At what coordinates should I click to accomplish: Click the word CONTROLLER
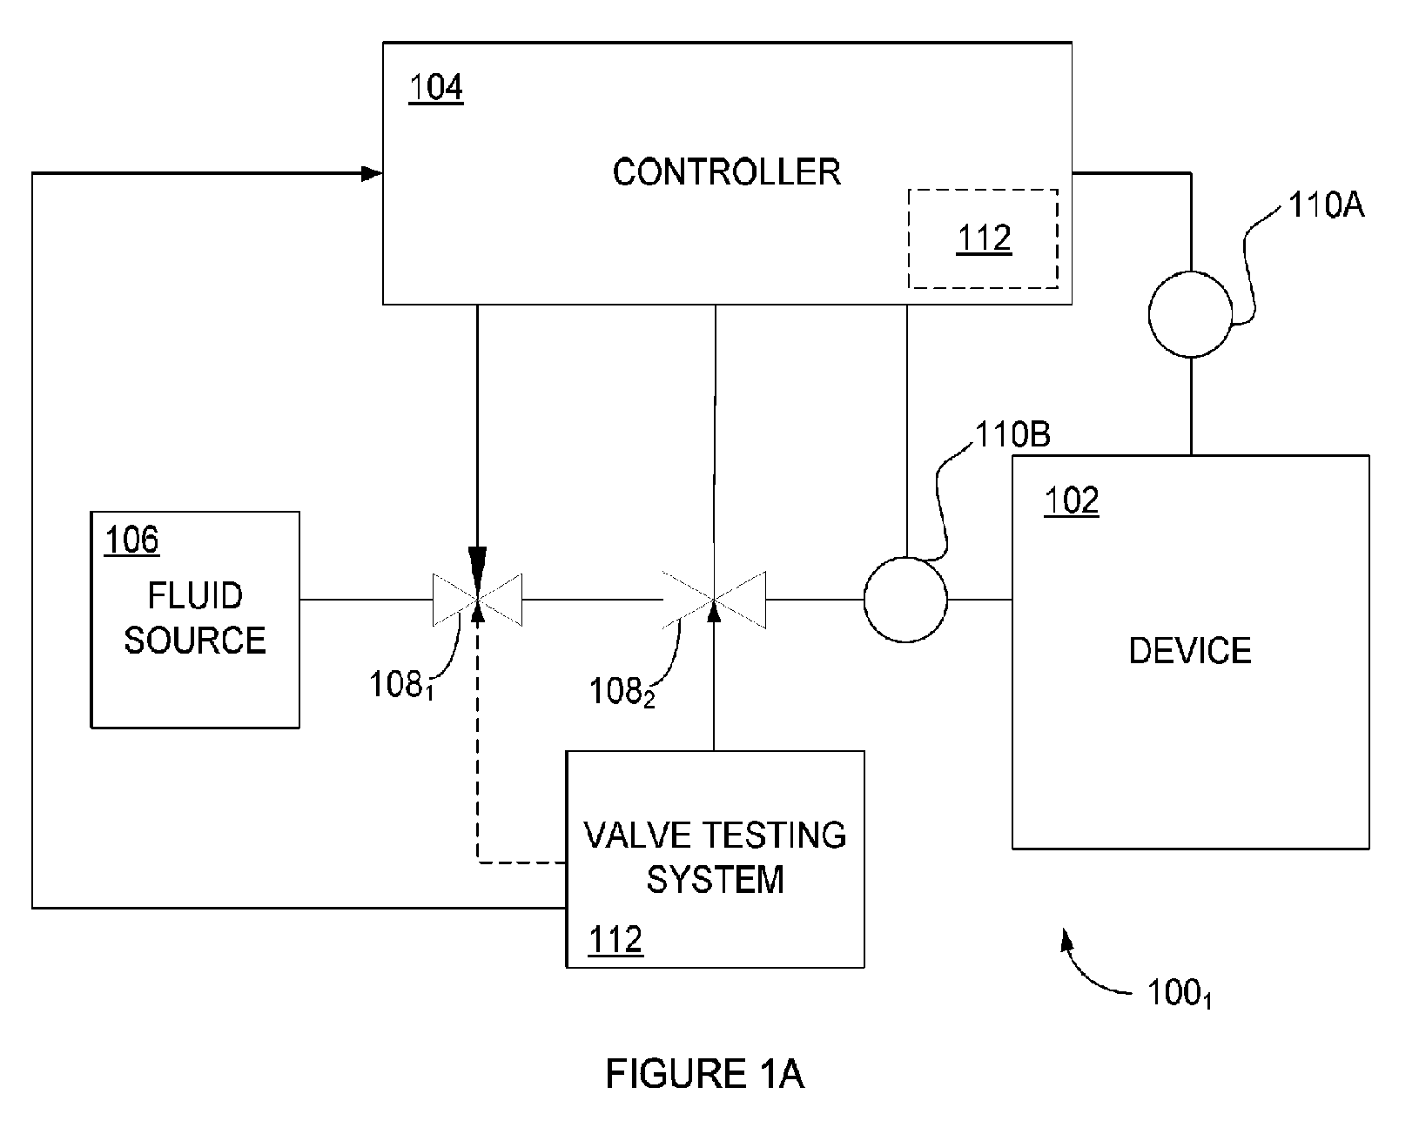pyautogui.click(x=726, y=172)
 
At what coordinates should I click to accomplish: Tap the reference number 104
pyautogui.click(x=436, y=87)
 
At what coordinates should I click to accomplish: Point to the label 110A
pyautogui.click(x=1326, y=205)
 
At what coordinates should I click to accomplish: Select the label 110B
pyautogui.click(x=1012, y=434)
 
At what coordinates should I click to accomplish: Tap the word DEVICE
pyautogui.click(x=1190, y=651)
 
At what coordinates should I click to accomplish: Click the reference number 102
pyautogui.click(x=1072, y=500)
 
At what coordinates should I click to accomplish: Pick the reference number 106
pyautogui.click(x=131, y=540)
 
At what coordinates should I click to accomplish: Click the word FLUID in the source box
pyautogui.click(x=195, y=596)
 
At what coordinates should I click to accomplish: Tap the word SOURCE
pyautogui.click(x=195, y=640)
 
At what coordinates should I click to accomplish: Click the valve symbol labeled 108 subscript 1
pyautogui.click(x=477, y=600)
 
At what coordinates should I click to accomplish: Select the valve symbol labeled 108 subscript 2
pyautogui.click(x=714, y=600)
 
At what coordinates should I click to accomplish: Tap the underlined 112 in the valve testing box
pyautogui.click(x=615, y=939)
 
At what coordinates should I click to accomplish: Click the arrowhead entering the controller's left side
pyautogui.click(x=372, y=174)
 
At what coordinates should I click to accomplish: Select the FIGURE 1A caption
pyautogui.click(x=705, y=1074)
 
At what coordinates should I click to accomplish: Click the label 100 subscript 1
pyautogui.click(x=1180, y=993)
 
